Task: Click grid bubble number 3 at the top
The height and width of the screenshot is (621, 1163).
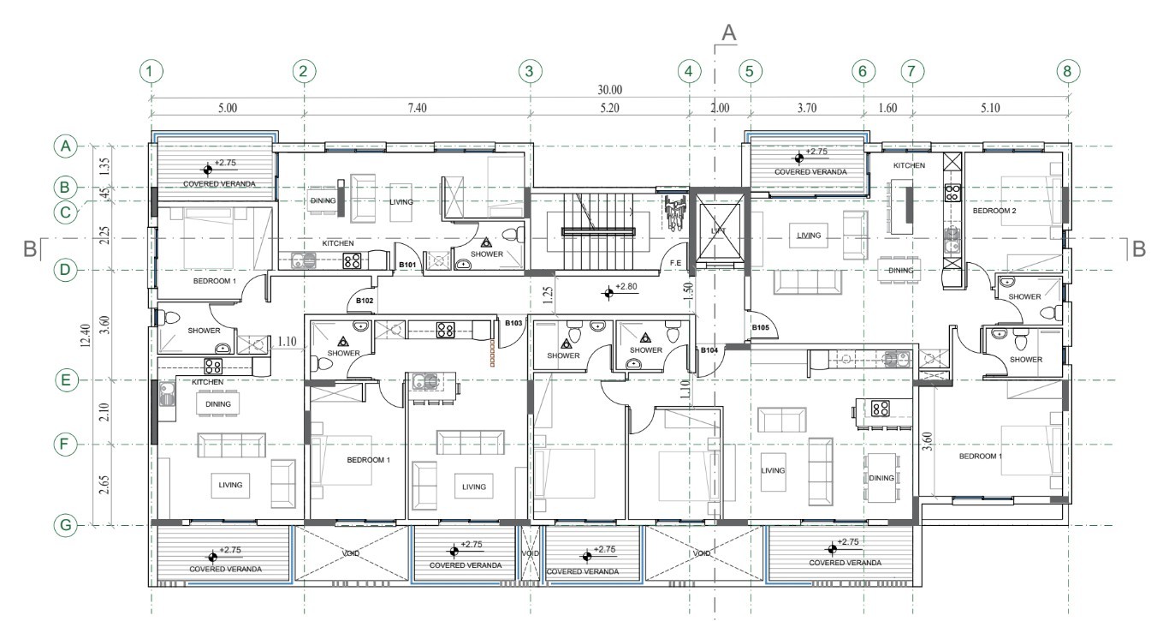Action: (529, 71)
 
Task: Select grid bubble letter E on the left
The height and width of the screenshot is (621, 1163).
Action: (65, 379)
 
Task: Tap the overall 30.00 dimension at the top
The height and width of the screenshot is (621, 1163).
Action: (609, 90)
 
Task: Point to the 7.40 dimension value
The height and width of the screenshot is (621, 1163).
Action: (417, 108)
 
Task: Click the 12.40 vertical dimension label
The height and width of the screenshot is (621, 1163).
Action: (86, 336)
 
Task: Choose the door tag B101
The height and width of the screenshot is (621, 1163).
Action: (407, 265)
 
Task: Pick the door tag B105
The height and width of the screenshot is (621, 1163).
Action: (761, 327)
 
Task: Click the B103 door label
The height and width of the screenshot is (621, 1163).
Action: (513, 323)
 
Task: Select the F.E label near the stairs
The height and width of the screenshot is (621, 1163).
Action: (675, 263)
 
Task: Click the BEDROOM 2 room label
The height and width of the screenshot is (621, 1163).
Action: (994, 211)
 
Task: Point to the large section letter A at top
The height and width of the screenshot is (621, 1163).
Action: (729, 33)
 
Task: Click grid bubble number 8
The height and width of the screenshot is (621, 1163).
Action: (1067, 71)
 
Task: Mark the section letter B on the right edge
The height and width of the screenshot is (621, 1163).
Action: (1138, 249)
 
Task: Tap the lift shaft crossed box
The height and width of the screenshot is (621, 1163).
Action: (719, 231)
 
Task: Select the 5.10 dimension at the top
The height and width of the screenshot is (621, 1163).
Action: (990, 108)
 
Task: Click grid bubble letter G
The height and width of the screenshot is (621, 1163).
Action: (65, 525)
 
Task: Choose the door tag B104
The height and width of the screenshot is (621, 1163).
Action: (709, 350)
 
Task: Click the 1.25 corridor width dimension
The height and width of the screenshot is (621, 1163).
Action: (548, 296)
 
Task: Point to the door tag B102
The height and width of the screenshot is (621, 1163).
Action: (365, 301)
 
